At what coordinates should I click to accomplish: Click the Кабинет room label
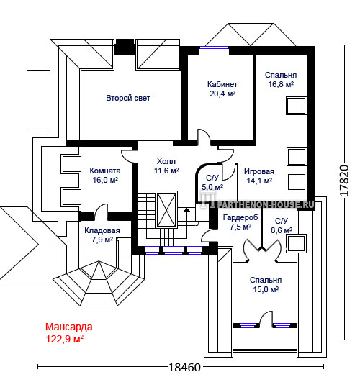click(222, 84)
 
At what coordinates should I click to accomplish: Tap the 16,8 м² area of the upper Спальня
click(281, 84)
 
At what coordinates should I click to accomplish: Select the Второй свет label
click(128, 98)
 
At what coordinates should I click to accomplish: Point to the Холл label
click(166, 161)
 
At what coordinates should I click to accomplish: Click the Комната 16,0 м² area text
click(105, 180)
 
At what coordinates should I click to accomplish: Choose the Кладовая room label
click(102, 230)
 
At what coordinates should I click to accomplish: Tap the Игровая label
click(259, 171)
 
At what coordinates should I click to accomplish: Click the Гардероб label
click(240, 217)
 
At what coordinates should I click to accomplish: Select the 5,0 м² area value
click(212, 187)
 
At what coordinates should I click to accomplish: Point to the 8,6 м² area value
click(282, 230)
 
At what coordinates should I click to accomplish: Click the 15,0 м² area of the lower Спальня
click(266, 289)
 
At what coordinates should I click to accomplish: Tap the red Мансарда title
click(69, 327)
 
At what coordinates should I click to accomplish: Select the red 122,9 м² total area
click(65, 339)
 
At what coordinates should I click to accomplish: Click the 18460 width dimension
click(184, 367)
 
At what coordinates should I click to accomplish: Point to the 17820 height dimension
click(344, 181)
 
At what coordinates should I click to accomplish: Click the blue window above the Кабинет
click(214, 50)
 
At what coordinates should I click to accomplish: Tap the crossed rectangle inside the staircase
click(166, 209)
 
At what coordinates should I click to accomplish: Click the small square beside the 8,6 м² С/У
click(296, 243)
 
